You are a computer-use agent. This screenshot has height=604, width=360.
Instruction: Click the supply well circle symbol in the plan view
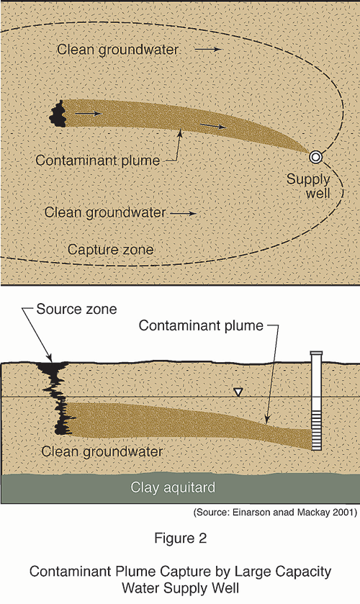pos(315,157)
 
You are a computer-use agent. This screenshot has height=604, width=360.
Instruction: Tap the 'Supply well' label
pos(309,186)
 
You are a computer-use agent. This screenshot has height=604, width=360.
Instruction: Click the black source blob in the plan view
pos(58,113)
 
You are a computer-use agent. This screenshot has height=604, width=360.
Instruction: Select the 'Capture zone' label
pos(111,250)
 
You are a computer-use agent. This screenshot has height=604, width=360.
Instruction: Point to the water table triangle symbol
pos(238,392)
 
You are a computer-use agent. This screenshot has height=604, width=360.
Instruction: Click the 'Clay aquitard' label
pos(173,487)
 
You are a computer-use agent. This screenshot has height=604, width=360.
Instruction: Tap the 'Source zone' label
pos(76,309)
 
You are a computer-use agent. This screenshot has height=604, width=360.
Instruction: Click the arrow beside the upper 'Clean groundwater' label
pos(208,49)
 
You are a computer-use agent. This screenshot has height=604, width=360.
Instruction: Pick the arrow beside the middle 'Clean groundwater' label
pos(184,212)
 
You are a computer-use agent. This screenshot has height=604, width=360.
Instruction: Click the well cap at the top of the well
pos(316,353)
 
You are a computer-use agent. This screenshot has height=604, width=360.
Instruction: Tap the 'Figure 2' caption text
pos(181,538)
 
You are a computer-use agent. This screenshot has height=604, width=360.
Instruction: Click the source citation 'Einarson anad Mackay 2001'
pos(294,513)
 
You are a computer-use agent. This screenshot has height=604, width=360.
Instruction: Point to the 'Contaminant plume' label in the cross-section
pos(201,325)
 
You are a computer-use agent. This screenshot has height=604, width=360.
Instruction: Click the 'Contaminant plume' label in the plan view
pos(97,161)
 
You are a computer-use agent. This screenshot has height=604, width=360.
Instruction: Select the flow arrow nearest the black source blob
pos(89,114)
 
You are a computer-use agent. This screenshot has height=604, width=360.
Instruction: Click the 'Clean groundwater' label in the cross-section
pos(102,451)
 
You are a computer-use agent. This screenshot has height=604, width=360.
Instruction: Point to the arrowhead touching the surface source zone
pos(49,358)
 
